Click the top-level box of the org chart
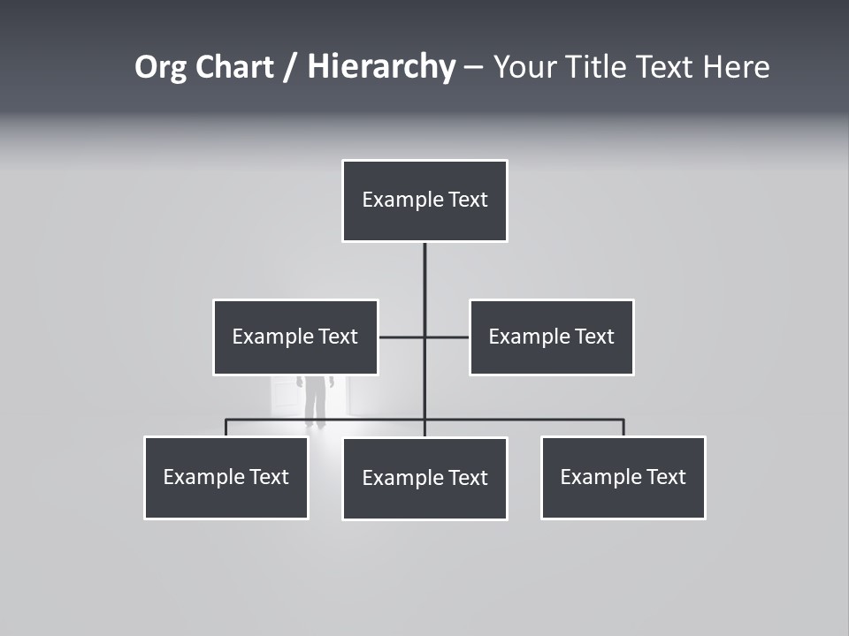pos(424,201)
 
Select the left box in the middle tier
pos(295,337)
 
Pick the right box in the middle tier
pos(551,337)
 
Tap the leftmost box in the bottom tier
pos(226,477)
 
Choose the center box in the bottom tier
pos(424,478)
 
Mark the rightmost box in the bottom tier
pos(623,477)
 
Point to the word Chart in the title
pos(233,67)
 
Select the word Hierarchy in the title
pos(381,67)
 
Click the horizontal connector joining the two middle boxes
pos(403,337)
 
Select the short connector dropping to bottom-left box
pos(226,428)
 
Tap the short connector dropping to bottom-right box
pos(623,428)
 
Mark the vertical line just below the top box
pos(424,269)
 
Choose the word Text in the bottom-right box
pos(666,477)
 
